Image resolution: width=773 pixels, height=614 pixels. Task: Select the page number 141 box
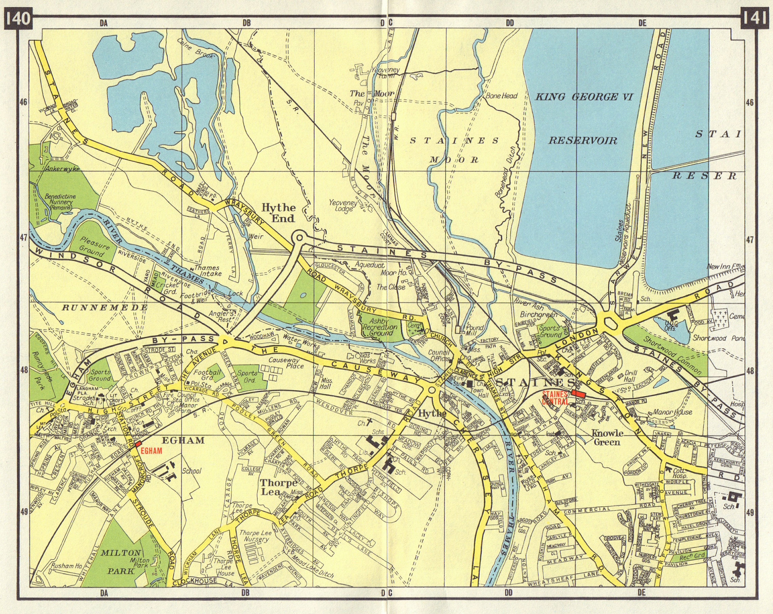click(x=754, y=18)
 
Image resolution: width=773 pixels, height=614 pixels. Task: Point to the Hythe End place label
click(x=279, y=213)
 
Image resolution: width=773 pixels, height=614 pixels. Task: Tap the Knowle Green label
click(x=606, y=437)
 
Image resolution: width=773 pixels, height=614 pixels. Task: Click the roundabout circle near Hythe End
click(x=299, y=237)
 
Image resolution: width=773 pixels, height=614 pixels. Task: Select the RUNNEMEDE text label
click(x=105, y=308)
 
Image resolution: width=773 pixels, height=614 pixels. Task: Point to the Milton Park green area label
click(x=121, y=561)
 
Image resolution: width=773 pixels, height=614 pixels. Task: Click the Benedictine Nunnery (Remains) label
click(x=59, y=202)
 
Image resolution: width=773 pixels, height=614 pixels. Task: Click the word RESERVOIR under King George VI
click(x=583, y=140)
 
